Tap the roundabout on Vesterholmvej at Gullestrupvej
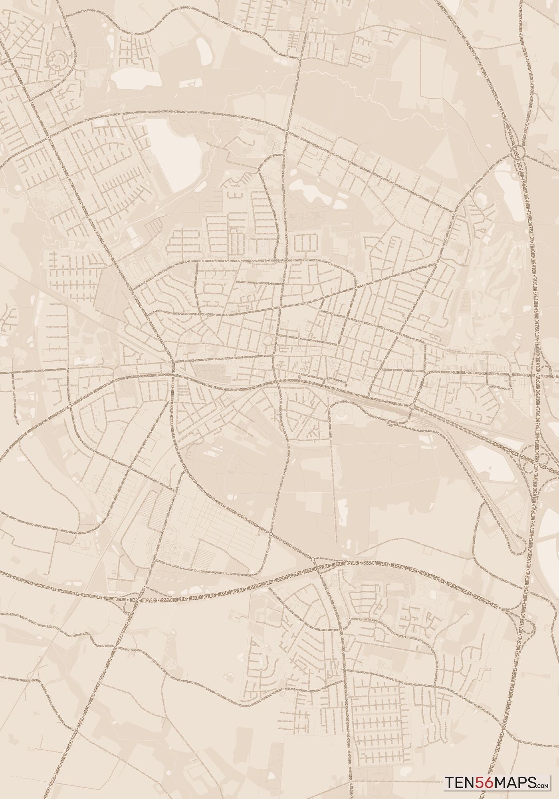tap(287, 131)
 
